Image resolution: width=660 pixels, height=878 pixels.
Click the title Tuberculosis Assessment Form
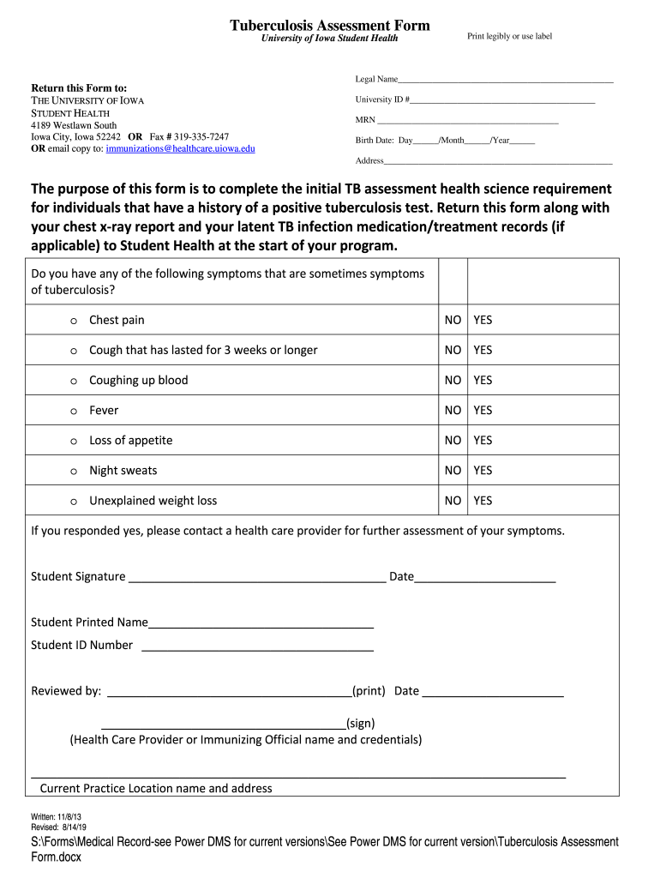coord(329,25)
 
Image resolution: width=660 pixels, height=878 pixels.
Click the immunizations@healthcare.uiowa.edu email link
coord(180,148)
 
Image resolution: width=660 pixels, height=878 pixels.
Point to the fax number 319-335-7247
coord(201,136)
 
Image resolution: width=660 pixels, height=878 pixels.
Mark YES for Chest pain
coord(483,320)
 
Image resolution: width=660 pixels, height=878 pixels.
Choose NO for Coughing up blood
coord(453,380)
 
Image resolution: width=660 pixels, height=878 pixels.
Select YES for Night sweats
coord(483,470)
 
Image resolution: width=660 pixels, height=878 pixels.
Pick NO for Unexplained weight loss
coord(453,500)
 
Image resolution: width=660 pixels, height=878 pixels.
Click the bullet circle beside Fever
coord(74,411)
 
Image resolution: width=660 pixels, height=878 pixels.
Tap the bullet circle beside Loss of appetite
coord(74,441)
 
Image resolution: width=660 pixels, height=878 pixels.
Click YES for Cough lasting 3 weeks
coord(483,350)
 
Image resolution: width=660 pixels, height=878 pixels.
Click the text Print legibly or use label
coord(509,36)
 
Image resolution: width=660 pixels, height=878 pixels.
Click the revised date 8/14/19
coord(79,827)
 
